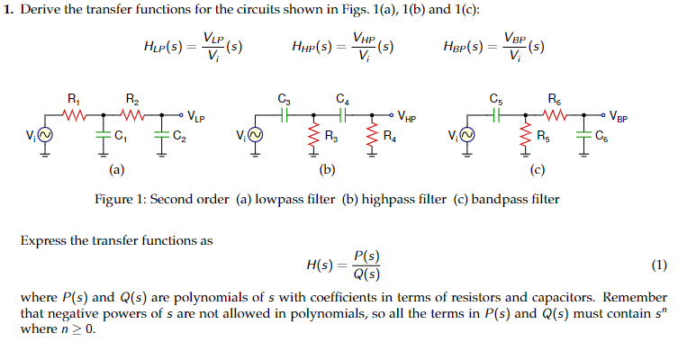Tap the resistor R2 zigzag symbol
pos(132,115)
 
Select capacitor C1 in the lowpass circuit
pos(102,136)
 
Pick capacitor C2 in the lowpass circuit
pos(162,136)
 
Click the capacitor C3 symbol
pos(285,115)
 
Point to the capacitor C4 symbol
pos(342,115)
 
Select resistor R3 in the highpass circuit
pos(313,137)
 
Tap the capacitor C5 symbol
pos(496,115)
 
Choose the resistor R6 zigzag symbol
pos(554,115)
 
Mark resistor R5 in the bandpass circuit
pos(524,137)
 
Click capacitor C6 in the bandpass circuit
pos(583,136)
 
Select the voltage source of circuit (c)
pos(466,137)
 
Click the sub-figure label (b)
pos(328,168)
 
